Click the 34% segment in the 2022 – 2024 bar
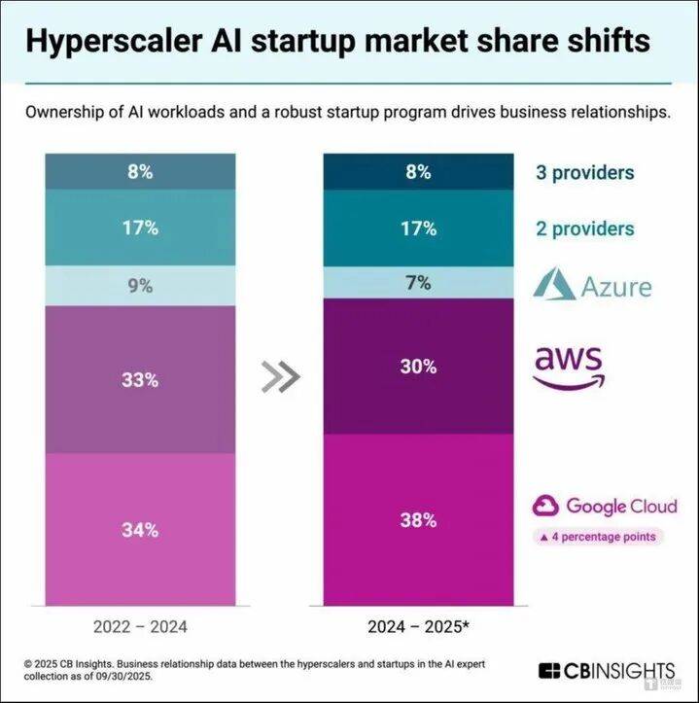pyautogui.click(x=140, y=530)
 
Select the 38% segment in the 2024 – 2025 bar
pyautogui.click(x=418, y=520)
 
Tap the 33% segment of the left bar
pyautogui.click(x=140, y=379)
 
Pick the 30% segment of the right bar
pyautogui.click(x=418, y=367)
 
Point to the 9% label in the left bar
pyautogui.click(x=140, y=287)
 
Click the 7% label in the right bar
pyautogui.click(x=418, y=282)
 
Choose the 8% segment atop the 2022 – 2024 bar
pyautogui.click(x=140, y=172)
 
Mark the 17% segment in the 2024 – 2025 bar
pyautogui.click(x=418, y=228)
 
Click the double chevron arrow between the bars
pyautogui.click(x=280, y=376)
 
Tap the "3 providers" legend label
pyautogui.click(x=584, y=173)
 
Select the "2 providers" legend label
pyautogui.click(x=584, y=228)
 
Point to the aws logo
pyautogui.click(x=569, y=366)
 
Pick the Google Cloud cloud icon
pyautogui.click(x=545, y=506)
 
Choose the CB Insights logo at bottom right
pyautogui.click(x=607, y=671)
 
